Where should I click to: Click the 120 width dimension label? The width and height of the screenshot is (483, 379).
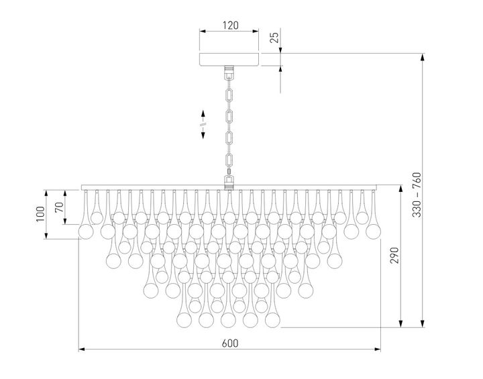coord(230,26)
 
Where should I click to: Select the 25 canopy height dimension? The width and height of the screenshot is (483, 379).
coord(274,38)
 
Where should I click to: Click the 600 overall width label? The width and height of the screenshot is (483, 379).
coord(230,342)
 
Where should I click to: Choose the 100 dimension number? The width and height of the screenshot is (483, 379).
coord(40,214)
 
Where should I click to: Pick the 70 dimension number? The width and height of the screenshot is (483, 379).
coord(59,206)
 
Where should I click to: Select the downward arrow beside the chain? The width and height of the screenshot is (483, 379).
coord(203,135)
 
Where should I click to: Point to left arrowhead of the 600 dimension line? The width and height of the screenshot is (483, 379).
coord(82,349)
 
